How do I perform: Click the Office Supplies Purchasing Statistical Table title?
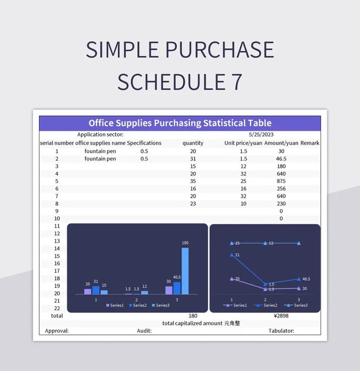pos(180,123)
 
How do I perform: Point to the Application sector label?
pos(100,134)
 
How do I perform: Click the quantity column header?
pos(193,143)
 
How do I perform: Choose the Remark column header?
pos(310,143)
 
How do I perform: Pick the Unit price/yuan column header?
pos(243,143)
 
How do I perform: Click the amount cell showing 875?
pos(281,181)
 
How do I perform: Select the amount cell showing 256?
pos(281,188)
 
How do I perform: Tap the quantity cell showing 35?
pos(193,181)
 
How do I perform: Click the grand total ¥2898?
pos(281,315)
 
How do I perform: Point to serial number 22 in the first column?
pos(57,308)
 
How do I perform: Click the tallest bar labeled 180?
pos(185,271)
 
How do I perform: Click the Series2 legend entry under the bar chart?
pos(137,305)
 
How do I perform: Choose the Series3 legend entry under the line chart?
pos(297,305)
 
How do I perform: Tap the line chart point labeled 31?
pos(232,255)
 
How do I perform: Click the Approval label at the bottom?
pos(57,330)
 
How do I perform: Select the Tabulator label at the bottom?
pos(281,330)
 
